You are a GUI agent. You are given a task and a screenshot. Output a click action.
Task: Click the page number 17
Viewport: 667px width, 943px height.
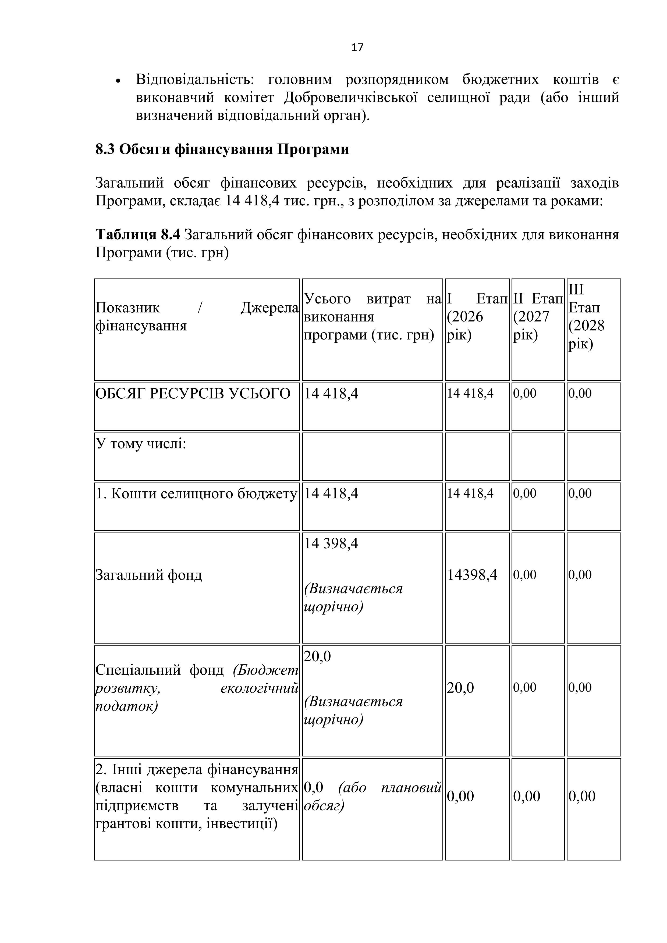357,48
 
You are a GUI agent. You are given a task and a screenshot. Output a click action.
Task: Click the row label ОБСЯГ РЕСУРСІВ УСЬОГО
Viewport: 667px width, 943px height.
193,394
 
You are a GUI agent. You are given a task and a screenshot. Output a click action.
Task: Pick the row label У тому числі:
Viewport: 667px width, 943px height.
141,444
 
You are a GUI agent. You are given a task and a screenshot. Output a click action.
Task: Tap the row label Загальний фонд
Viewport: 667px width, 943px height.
149,574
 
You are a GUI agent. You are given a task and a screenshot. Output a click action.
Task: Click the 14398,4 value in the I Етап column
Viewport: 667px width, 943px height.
472,574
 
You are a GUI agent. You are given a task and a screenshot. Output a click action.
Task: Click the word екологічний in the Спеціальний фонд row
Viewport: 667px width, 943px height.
259,688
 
